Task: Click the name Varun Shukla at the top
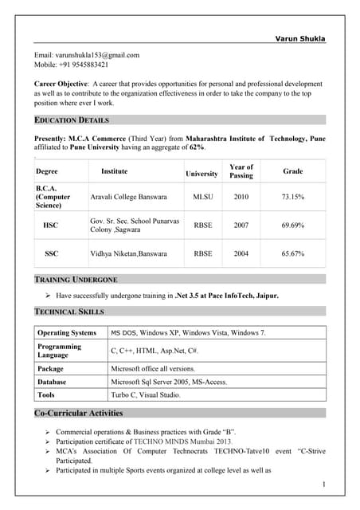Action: pos(300,38)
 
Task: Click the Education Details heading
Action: pos(71,120)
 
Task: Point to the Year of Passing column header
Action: pos(241,171)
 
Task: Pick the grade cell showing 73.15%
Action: pos(292,196)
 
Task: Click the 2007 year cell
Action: pos(241,226)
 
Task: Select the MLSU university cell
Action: pos(202,196)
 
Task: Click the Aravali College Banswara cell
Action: pos(128,196)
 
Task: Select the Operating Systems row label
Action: pos(67,332)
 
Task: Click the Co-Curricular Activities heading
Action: pos(78,413)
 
